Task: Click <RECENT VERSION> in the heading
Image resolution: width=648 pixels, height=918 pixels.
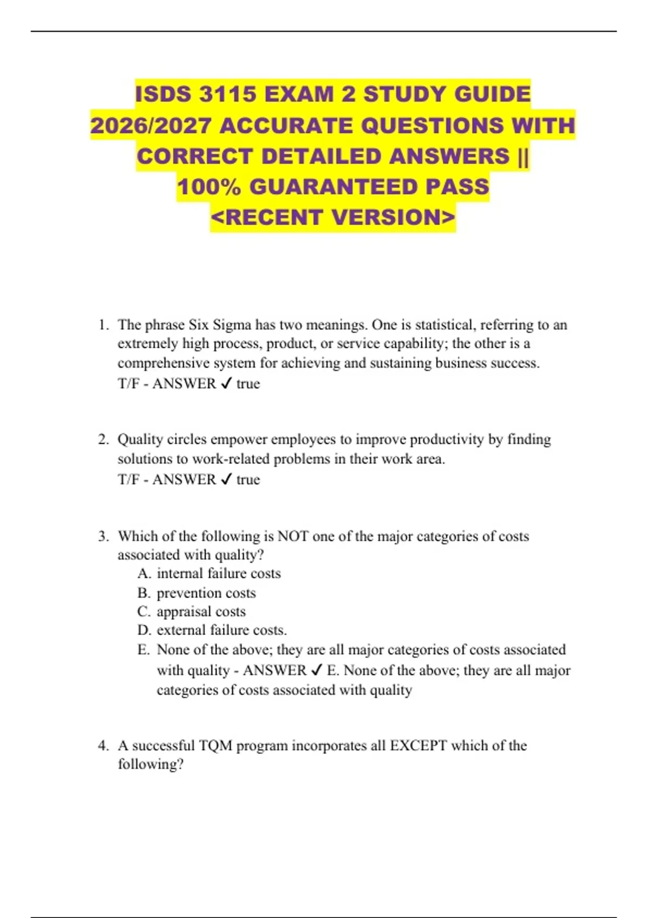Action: [x=333, y=218]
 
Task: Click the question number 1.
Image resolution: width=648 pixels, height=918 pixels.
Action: [x=103, y=325]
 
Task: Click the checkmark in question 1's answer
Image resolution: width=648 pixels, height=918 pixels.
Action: [x=226, y=383]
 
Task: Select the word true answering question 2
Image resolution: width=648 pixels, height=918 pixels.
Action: [x=248, y=480]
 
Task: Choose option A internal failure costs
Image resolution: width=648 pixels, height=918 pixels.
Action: [x=209, y=573]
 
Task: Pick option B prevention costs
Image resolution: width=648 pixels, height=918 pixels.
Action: [x=197, y=593]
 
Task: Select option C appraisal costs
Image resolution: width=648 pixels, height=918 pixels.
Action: [x=191, y=612]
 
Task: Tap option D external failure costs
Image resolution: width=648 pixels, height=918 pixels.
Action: [x=212, y=630]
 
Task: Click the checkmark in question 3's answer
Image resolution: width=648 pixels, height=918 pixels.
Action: [x=317, y=670]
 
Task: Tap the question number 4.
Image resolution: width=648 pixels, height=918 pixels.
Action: [x=103, y=746]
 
